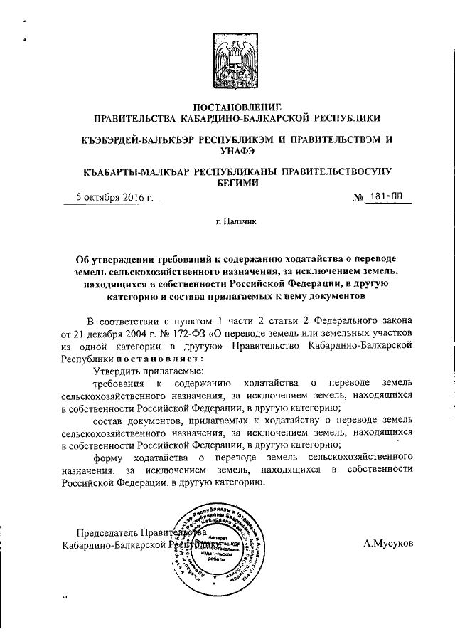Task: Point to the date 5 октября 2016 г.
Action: (115, 198)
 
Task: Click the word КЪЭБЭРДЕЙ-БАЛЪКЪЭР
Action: (138, 138)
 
